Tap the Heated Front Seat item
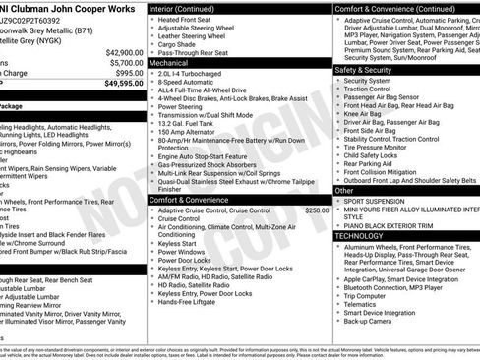[188, 19]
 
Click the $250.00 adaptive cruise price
[317, 210]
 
